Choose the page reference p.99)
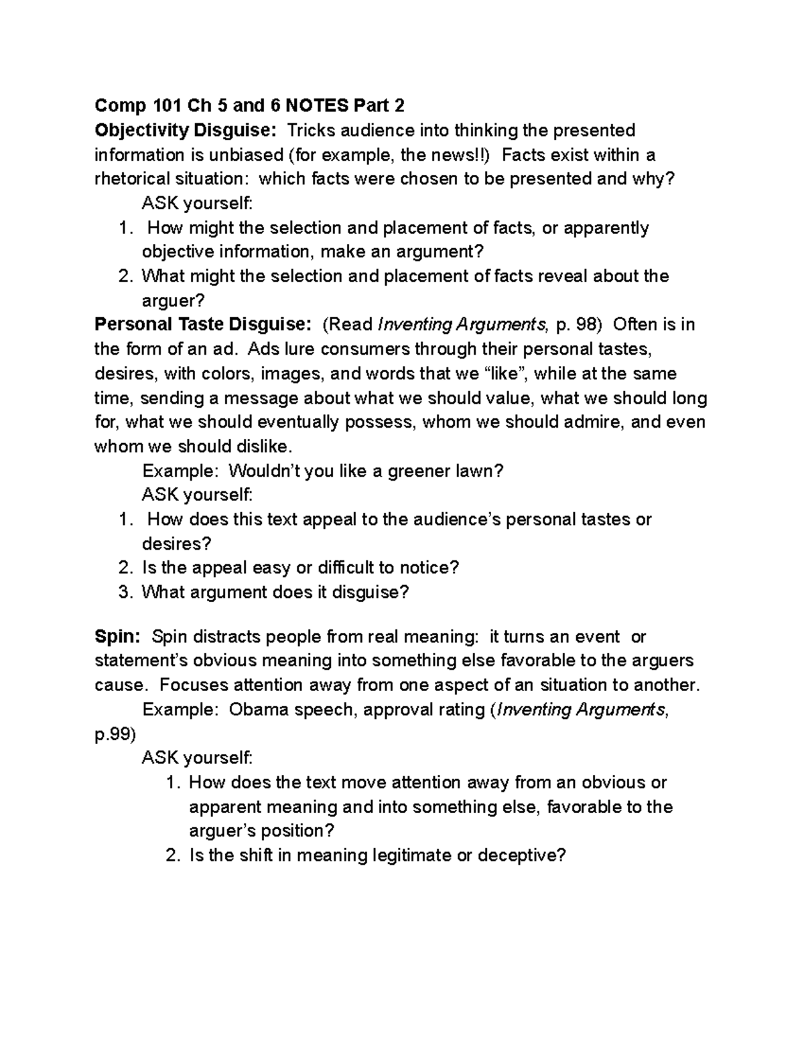tap(115, 734)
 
